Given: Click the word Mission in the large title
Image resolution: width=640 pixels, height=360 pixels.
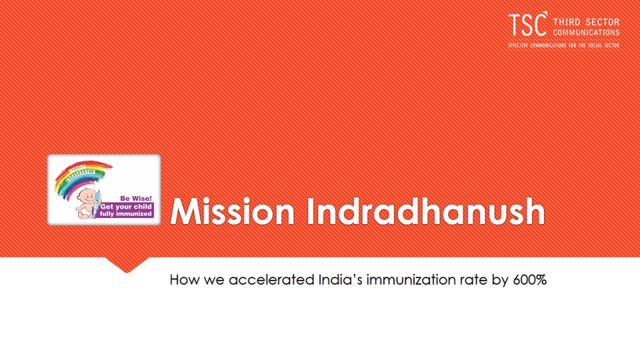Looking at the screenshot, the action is [x=232, y=211].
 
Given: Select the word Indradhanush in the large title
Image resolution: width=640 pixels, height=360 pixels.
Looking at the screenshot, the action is [x=426, y=211].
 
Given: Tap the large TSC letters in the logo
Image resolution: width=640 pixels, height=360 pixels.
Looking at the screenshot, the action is [x=528, y=24].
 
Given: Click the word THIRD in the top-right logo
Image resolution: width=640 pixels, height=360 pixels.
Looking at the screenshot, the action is [x=567, y=22].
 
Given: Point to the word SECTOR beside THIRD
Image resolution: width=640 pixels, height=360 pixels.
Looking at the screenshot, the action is [x=603, y=22].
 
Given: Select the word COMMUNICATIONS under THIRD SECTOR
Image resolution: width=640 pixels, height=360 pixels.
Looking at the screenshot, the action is [x=586, y=33].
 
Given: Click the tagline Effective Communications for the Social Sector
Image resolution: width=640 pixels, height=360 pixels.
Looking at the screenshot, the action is [x=564, y=45].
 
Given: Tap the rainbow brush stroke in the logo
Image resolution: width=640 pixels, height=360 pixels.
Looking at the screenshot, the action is [x=80, y=176].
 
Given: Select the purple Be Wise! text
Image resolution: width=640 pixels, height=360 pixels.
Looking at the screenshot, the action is [x=136, y=199].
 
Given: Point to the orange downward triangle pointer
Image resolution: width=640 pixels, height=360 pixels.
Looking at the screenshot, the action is [x=127, y=265].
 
